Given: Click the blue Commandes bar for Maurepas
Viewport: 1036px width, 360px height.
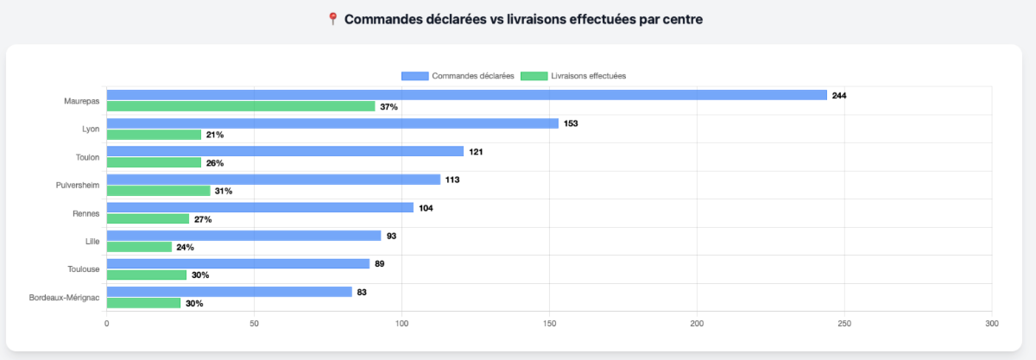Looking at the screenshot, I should coord(466,95).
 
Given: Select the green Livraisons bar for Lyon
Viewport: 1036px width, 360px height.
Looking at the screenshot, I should coord(154,135).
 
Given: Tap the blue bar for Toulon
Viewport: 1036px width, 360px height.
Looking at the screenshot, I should coord(285,151).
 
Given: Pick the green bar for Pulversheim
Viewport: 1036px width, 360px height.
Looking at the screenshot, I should coord(158,191).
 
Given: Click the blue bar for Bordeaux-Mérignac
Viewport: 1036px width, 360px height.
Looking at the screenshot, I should coord(229,292).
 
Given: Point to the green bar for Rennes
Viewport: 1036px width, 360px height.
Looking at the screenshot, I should coord(148,219).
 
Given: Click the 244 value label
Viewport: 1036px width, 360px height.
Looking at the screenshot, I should coord(839,95).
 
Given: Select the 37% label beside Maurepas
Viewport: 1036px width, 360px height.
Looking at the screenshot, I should coord(388,107).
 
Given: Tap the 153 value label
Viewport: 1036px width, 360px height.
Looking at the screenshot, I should coord(571,123).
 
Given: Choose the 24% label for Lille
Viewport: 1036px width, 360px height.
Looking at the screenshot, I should coord(185,247).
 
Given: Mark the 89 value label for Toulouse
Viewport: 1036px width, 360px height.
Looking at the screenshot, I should coord(380,263).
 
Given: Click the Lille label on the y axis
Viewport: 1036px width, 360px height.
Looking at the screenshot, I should coord(92,242).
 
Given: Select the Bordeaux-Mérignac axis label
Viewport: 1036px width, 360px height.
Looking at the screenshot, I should coord(65,298).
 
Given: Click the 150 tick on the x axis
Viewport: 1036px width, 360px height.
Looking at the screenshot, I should coord(549,323).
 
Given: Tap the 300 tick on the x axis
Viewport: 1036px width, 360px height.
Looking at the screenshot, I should coord(991,323).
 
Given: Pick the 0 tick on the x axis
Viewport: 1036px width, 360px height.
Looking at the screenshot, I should coord(106,323).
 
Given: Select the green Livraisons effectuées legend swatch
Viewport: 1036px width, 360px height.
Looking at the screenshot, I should coord(534,76).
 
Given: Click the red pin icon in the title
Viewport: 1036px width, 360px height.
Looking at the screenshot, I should coord(332,19).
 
